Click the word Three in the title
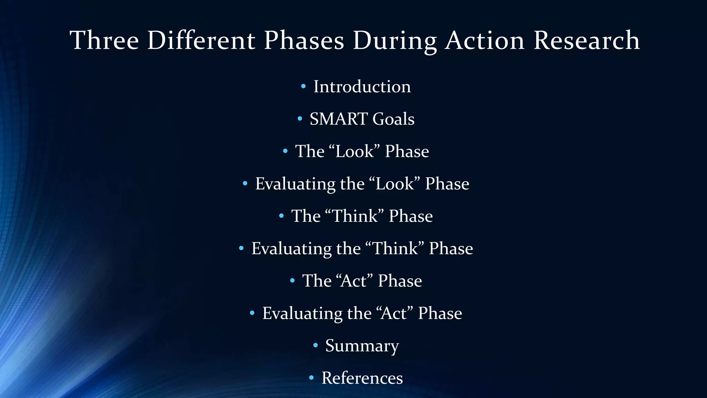click(104, 40)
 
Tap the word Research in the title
click(587, 40)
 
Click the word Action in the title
click(485, 40)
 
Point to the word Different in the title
click(201, 40)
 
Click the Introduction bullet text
click(362, 86)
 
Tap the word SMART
click(338, 119)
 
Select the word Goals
click(393, 119)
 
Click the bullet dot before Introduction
click(303, 86)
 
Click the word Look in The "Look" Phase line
click(355, 151)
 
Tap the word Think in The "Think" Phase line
click(355, 216)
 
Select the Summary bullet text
click(362, 345)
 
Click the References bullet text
click(362, 378)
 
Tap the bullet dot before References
click(311, 378)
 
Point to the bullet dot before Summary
click(315, 345)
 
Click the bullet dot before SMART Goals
click(300, 119)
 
